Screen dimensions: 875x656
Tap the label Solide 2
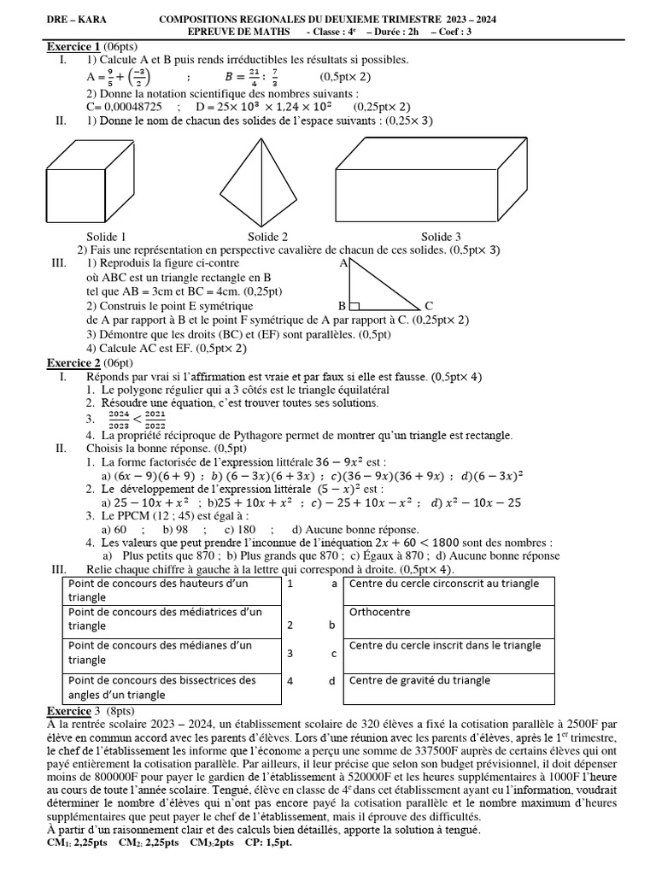coord(266,237)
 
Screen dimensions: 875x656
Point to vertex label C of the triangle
coord(429,305)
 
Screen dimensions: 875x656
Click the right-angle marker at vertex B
coord(354,303)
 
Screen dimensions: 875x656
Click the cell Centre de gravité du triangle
coord(419,680)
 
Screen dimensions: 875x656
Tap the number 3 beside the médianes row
coord(290,653)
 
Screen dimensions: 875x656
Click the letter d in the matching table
coord(333,681)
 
